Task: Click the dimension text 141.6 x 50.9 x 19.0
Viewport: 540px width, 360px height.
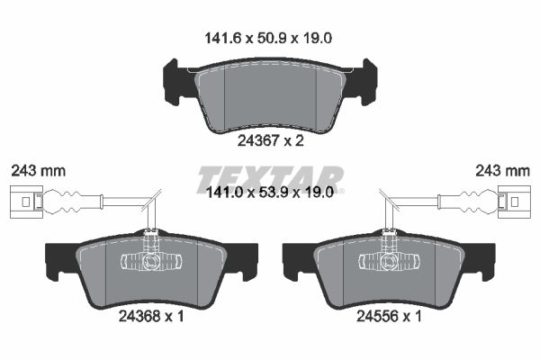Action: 268,38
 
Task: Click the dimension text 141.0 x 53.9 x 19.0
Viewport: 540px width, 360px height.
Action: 269,193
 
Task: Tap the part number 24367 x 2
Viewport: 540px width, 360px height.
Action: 271,140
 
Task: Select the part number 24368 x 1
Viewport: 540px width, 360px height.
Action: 151,316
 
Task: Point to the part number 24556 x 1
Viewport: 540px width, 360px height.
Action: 389,316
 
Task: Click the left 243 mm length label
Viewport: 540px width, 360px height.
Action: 38,171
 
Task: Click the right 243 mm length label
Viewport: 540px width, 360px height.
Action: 502,171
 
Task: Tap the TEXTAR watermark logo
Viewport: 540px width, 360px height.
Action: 270,180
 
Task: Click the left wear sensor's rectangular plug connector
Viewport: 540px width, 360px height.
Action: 26,202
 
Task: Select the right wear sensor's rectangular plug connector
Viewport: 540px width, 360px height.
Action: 514,202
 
